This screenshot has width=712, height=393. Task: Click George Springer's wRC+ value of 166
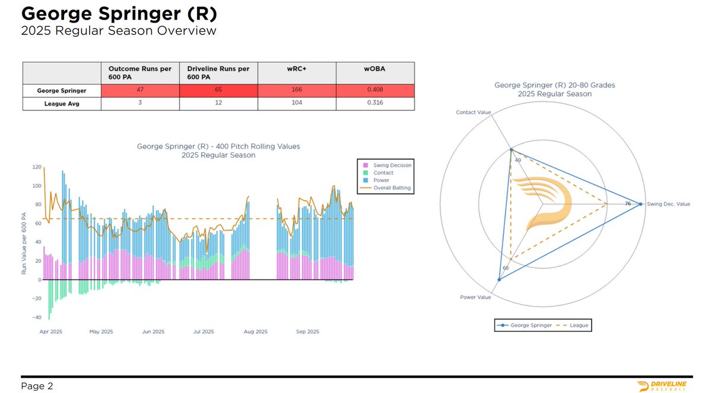coord(297,90)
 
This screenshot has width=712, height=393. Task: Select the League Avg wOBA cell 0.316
coord(375,103)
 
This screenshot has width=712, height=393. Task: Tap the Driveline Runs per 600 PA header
coord(218,73)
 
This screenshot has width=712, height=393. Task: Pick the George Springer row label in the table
coord(62,90)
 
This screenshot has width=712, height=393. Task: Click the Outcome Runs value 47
coord(140,90)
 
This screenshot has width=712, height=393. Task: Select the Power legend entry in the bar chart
coord(382,180)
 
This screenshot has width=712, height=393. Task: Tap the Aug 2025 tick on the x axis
coord(256,332)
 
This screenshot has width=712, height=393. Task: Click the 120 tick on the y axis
coord(36,167)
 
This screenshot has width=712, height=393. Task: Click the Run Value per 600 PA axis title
coord(24,244)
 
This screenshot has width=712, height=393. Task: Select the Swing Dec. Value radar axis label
coord(668,204)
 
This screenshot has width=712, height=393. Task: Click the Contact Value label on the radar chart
coord(472,111)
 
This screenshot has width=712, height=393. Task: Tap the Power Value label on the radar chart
coord(476,297)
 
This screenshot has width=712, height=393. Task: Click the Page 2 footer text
coord(37,386)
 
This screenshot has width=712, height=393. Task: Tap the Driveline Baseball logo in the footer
coord(662,386)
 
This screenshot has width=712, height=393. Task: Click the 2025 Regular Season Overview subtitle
coord(118,30)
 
